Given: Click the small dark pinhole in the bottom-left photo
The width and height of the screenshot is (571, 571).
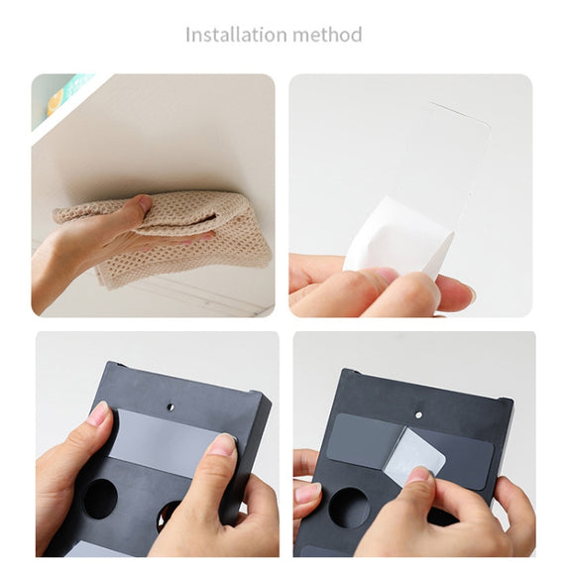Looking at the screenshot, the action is pyautogui.click(x=171, y=406).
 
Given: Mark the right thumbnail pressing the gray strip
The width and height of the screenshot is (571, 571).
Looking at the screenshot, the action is pyautogui.click(x=223, y=444).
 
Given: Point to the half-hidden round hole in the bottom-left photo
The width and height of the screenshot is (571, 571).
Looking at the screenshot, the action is pyautogui.click(x=168, y=514).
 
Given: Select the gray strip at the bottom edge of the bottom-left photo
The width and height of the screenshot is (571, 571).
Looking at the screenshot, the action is pyautogui.click(x=95, y=549).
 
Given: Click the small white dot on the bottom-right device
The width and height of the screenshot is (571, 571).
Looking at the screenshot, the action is pyautogui.click(x=419, y=414).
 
